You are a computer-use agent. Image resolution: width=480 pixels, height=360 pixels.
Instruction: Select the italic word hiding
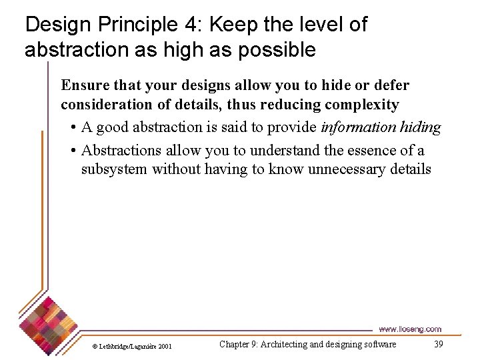421,127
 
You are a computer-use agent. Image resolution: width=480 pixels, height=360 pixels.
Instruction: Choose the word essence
371,151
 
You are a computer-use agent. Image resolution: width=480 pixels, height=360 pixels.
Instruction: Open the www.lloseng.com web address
409,329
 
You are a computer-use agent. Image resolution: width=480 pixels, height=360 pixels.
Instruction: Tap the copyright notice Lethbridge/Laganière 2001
132,346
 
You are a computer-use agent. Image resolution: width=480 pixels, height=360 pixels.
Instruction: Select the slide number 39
438,344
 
